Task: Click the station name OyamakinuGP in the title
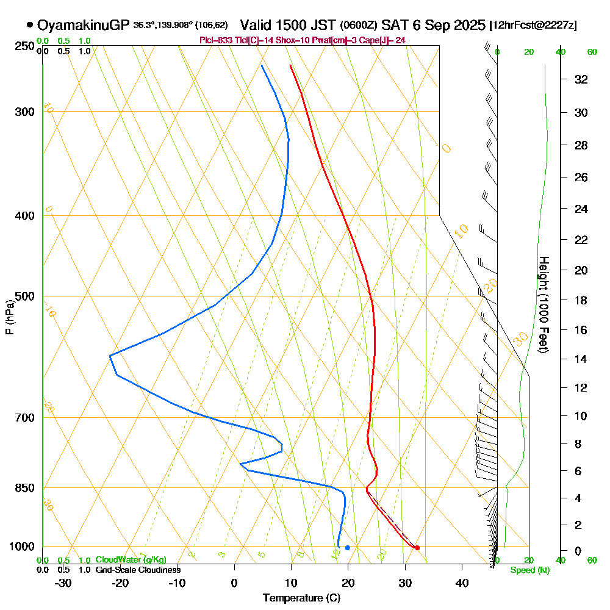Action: [84, 26]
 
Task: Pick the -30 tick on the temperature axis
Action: [63, 583]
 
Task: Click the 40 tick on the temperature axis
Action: [462, 583]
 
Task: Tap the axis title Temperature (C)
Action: [301, 598]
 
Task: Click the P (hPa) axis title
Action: [9, 317]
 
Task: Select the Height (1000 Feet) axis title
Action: [543, 304]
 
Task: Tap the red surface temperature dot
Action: [417, 548]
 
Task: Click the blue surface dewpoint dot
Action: [348, 548]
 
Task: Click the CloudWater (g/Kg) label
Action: [131, 560]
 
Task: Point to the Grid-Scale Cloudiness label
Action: [137, 570]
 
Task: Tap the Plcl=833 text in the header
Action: [216, 40]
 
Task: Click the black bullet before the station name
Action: [30, 25]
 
